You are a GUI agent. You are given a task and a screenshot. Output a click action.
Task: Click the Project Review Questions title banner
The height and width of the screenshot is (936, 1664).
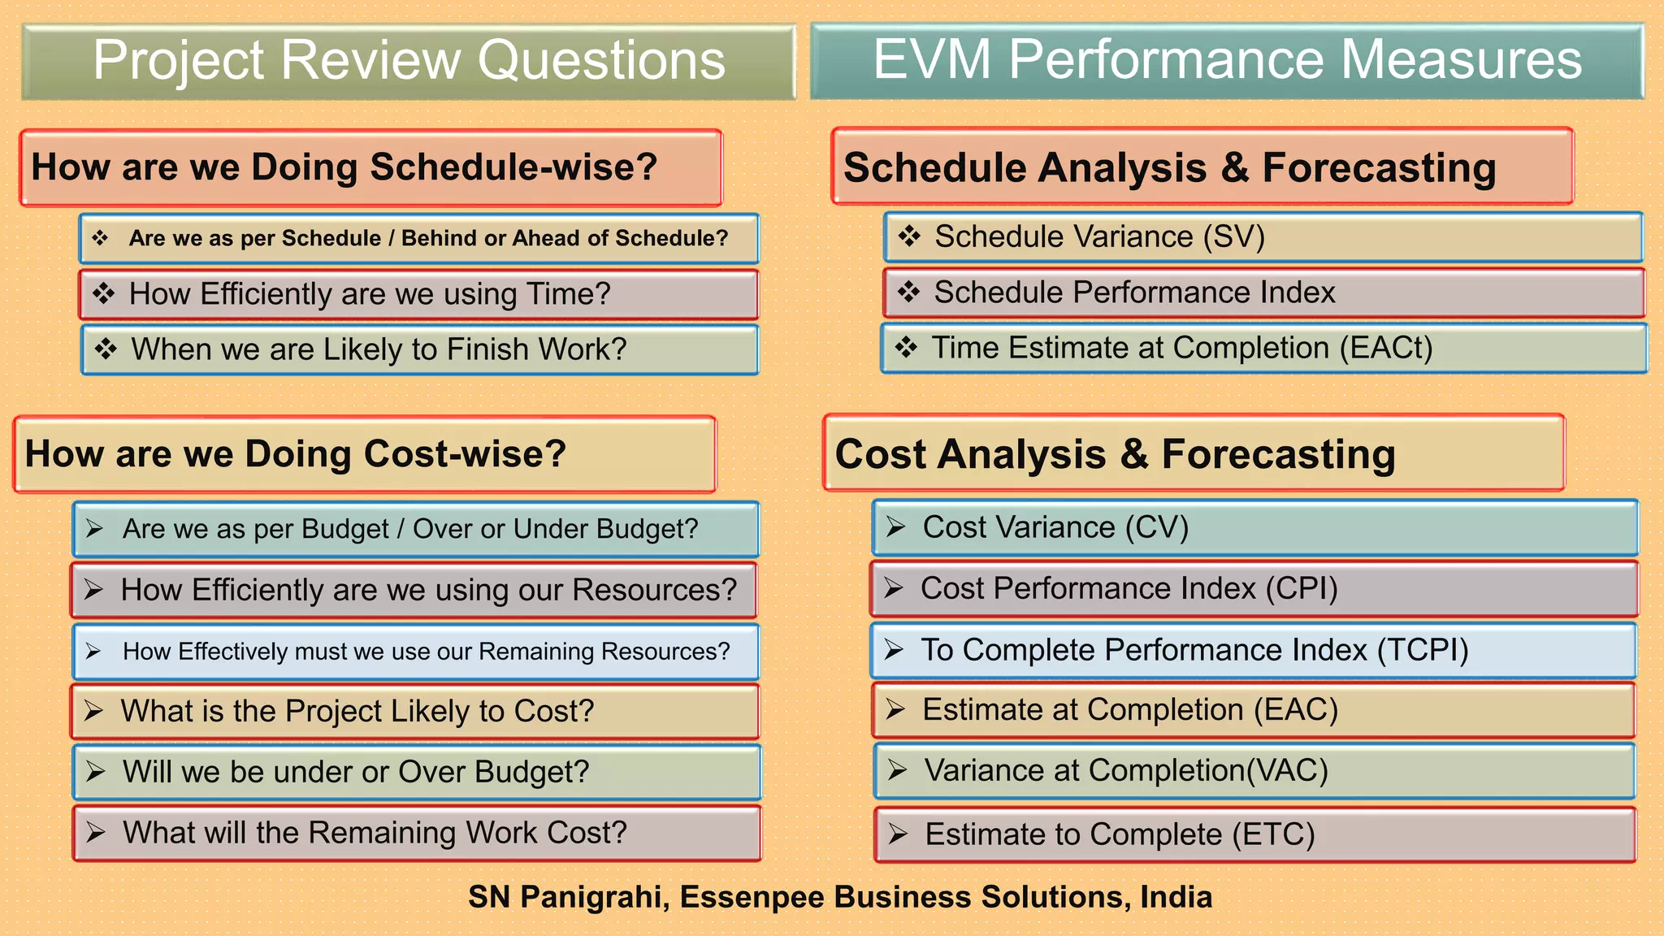[409, 61]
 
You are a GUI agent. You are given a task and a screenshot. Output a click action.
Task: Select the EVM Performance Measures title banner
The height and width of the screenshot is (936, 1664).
[1227, 60]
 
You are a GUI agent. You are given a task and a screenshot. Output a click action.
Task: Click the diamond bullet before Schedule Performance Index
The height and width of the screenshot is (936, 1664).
[908, 292]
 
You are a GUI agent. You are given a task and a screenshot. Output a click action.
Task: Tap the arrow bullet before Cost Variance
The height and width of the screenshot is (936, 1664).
[895, 527]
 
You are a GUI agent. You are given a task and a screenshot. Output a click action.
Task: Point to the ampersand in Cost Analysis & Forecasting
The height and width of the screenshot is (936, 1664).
[1133, 454]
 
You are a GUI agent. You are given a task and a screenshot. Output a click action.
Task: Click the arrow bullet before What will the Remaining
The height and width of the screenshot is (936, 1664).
[96, 832]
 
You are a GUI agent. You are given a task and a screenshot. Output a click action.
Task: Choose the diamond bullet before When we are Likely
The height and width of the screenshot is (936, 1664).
[106, 349]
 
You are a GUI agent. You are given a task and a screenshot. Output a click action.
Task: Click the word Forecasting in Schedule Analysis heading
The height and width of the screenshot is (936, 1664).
[1378, 169]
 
